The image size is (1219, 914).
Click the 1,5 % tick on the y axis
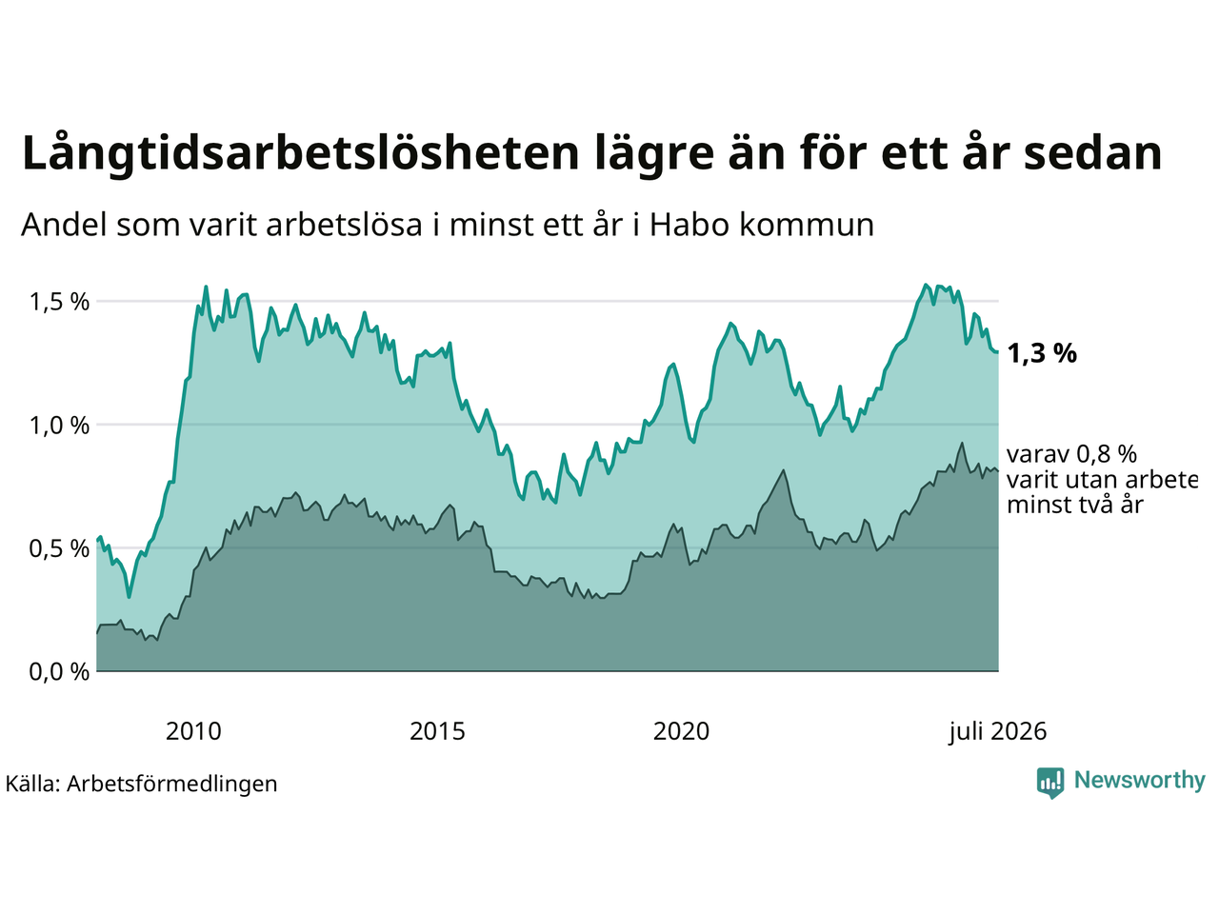pyautogui.click(x=59, y=302)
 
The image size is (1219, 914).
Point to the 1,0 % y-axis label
pyautogui.click(x=59, y=426)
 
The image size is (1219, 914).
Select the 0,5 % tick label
pyautogui.click(x=59, y=548)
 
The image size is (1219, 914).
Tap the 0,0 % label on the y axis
pyautogui.click(x=59, y=672)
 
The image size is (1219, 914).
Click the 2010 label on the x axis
pyautogui.click(x=193, y=731)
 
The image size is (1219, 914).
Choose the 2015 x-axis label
pyautogui.click(x=437, y=731)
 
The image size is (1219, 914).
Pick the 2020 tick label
pyautogui.click(x=681, y=731)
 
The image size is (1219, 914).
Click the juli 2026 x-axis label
pyautogui.click(x=997, y=732)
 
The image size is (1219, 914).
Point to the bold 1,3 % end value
pyautogui.click(x=1042, y=353)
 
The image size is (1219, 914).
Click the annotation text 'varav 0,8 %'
pyautogui.click(x=1071, y=454)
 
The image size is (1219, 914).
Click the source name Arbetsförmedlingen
pyautogui.click(x=171, y=785)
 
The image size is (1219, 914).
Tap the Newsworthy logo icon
pyautogui.click(x=1050, y=783)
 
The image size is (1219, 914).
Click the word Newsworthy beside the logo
pyautogui.click(x=1140, y=781)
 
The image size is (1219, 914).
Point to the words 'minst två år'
pyautogui.click(x=1075, y=505)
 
